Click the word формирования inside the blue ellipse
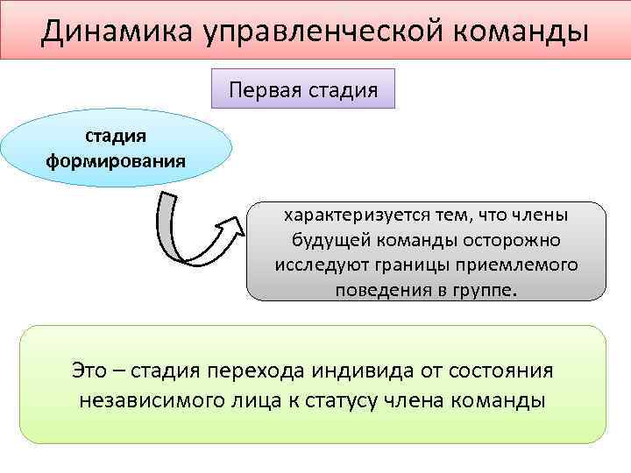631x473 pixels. (115, 161)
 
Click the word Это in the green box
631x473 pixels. (89, 370)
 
